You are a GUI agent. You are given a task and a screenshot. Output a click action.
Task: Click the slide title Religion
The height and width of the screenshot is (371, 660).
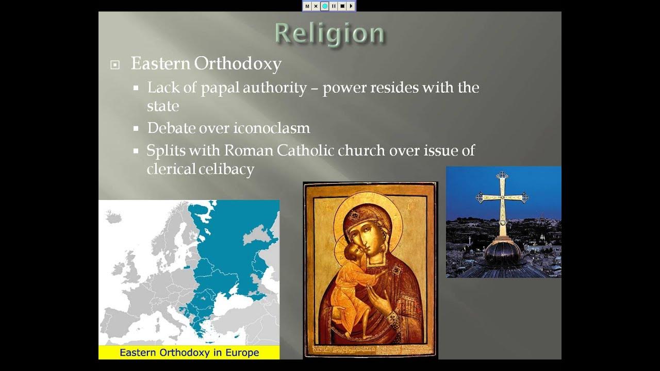tap(329, 33)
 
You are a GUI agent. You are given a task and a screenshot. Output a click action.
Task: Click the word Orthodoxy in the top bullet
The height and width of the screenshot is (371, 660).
tap(238, 64)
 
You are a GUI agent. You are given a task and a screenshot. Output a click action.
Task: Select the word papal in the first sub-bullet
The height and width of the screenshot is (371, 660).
tap(220, 88)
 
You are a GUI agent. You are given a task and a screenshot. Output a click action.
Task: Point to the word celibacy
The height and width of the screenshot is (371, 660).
tap(227, 169)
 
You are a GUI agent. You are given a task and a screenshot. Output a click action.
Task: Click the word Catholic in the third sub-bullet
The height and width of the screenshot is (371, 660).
tap(305, 150)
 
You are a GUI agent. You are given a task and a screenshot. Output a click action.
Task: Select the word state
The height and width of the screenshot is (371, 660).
tap(163, 106)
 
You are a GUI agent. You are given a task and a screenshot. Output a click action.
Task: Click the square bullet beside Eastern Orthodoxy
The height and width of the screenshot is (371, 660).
tap(115, 65)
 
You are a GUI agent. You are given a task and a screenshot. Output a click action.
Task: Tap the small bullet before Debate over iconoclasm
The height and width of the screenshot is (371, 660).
tap(136, 128)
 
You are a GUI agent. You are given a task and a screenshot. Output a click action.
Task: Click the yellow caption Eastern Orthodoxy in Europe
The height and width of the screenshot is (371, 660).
tap(189, 352)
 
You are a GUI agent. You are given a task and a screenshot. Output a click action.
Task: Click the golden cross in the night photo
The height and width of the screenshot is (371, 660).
tap(502, 198)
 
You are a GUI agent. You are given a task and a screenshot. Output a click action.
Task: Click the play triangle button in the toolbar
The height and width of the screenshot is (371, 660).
tap(351, 6)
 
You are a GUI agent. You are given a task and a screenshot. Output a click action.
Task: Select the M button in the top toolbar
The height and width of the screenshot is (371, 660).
tap(307, 6)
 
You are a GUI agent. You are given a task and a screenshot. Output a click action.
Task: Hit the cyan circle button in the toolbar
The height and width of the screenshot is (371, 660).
tap(325, 6)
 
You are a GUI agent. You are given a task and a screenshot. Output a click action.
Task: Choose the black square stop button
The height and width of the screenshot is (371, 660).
tap(342, 6)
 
